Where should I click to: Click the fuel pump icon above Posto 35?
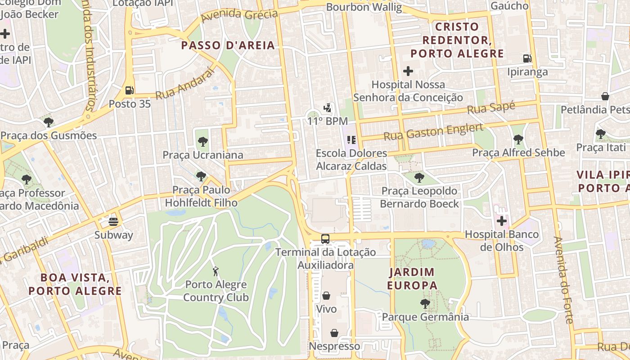click(130, 90)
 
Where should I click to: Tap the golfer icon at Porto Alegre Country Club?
click(216, 271)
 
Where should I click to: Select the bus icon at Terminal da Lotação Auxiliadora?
click(325, 239)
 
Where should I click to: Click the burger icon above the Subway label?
click(113, 221)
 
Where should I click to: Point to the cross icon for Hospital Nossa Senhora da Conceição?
click(408, 71)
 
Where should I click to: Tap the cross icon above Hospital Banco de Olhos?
click(501, 221)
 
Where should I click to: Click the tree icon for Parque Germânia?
click(425, 304)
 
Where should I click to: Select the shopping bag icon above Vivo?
click(326, 296)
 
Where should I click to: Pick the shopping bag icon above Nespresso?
click(334, 333)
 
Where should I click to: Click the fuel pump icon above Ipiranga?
click(527, 58)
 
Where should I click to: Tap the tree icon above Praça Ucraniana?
click(202, 142)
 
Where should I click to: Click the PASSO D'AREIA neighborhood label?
click(228, 45)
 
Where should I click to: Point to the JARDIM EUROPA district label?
click(412, 279)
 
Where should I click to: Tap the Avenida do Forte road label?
click(563, 280)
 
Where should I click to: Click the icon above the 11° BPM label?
click(328, 108)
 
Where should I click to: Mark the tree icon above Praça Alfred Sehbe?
click(518, 140)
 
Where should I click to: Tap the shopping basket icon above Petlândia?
click(606, 96)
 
